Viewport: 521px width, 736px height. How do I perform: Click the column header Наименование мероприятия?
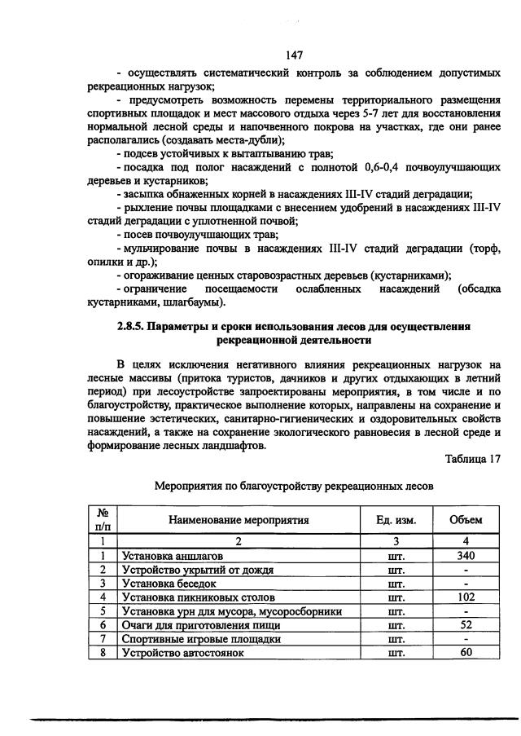tap(239, 520)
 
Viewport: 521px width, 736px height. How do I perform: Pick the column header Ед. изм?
tap(396, 520)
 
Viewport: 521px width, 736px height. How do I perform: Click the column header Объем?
tap(466, 520)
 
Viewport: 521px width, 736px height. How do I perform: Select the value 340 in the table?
tap(466, 555)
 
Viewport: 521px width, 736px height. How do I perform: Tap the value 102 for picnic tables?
tap(466, 597)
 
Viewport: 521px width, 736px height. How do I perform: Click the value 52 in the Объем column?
tap(466, 624)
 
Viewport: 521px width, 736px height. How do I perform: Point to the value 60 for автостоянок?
tap(466, 653)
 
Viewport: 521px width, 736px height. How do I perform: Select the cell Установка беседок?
tap(169, 584)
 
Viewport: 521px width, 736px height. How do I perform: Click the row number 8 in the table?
tap(103, 653)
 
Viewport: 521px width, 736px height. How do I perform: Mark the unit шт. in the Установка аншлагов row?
tap(396, 556)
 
